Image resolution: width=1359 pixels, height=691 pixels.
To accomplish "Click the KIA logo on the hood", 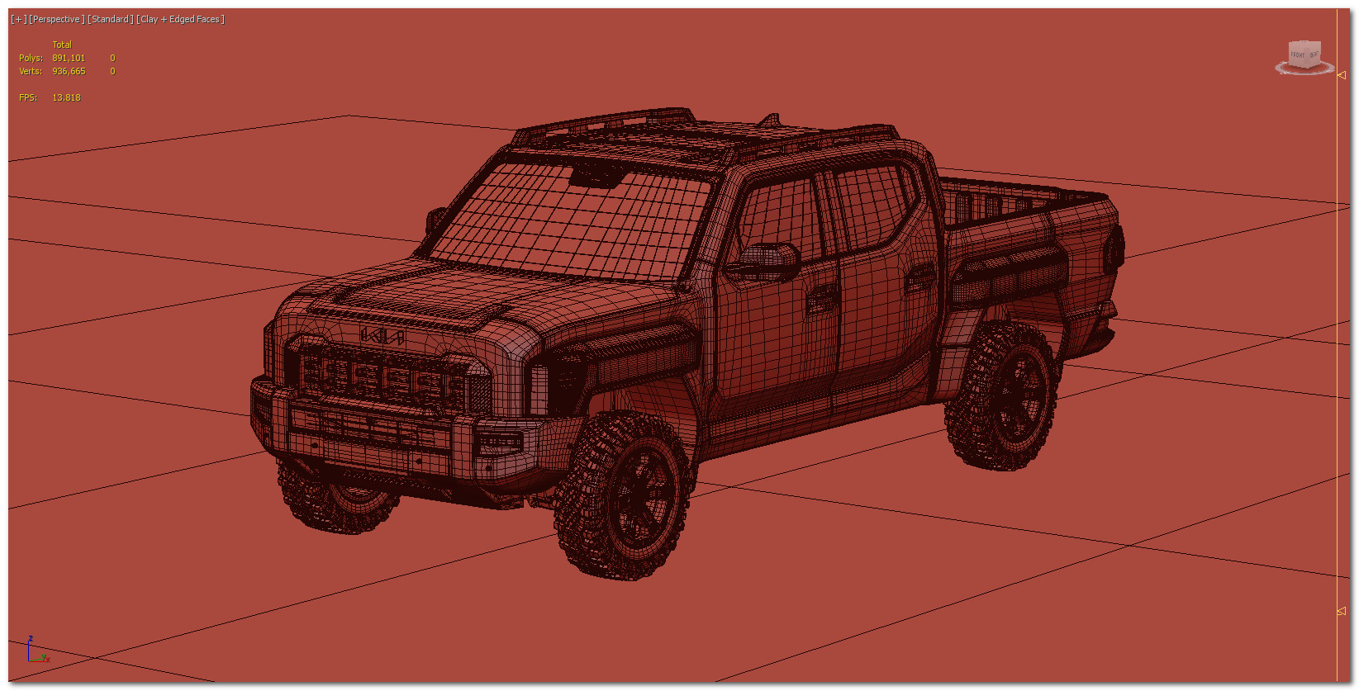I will (381, 335).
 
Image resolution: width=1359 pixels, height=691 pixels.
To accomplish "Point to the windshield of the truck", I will (570, 221).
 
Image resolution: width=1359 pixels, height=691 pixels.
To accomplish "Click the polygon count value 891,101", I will (69, 58).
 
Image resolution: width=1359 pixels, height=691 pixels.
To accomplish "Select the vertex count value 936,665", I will (69, 71).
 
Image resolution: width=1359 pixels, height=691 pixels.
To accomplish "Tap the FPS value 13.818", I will (66, 97).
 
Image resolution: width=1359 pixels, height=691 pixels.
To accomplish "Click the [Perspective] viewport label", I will (57, 19).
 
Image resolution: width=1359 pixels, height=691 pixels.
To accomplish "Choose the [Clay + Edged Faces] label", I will (180, 19).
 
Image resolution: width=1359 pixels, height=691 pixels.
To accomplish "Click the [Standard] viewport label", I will (110, 19).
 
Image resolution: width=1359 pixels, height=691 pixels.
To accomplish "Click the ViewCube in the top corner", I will (1304, 56).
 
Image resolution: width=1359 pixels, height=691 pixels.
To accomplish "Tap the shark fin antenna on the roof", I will (770, 121).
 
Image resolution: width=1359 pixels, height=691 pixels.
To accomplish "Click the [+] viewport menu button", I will (18, 19).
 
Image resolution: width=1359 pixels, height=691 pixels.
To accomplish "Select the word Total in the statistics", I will (62, 45).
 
